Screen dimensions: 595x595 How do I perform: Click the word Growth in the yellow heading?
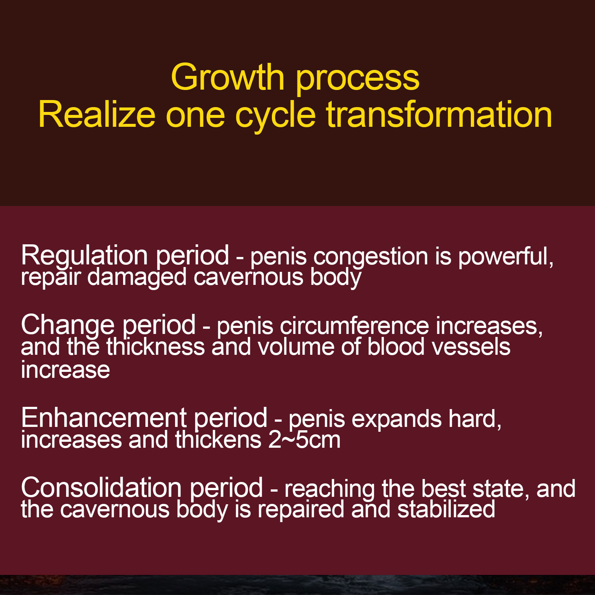pos(228,77)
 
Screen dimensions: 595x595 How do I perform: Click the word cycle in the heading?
pos(275,118)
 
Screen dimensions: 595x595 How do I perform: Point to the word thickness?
pos(156,347)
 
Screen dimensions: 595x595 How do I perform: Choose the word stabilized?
pos(446,509)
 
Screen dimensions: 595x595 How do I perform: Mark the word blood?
pos(396,347)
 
